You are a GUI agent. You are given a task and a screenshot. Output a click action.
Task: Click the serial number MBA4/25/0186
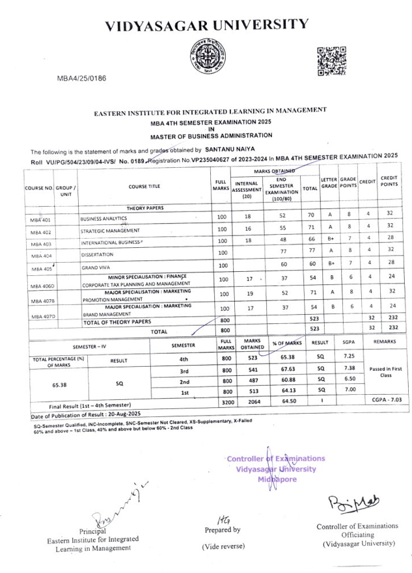81,77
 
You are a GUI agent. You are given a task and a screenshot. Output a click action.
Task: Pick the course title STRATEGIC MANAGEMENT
110,231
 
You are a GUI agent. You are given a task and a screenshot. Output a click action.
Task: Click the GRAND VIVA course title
95,267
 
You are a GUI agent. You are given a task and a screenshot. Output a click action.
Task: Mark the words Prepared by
221,529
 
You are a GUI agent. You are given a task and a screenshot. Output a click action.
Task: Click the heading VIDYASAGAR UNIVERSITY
207,25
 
